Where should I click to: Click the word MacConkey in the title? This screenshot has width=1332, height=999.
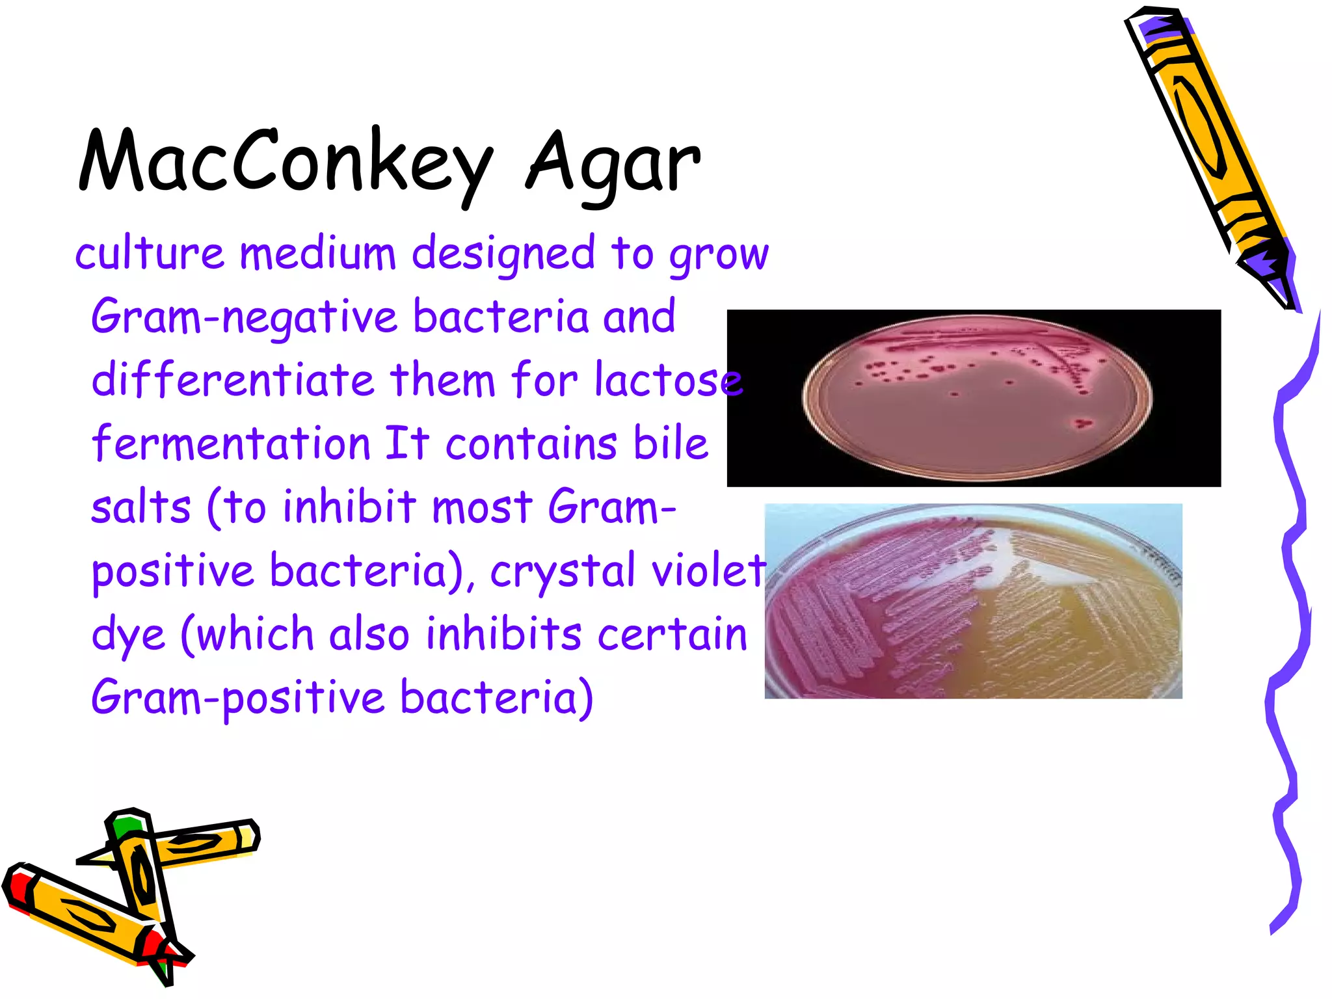[286, 163]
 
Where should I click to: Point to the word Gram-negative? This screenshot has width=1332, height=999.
[243, 317]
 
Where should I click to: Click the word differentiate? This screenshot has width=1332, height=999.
[233, 380]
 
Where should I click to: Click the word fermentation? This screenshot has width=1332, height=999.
[231, 444]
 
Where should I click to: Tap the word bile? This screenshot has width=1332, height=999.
[671, 444]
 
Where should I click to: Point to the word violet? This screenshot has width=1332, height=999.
[709, 571]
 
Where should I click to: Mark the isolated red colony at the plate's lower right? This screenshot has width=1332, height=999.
[1082, 424]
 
